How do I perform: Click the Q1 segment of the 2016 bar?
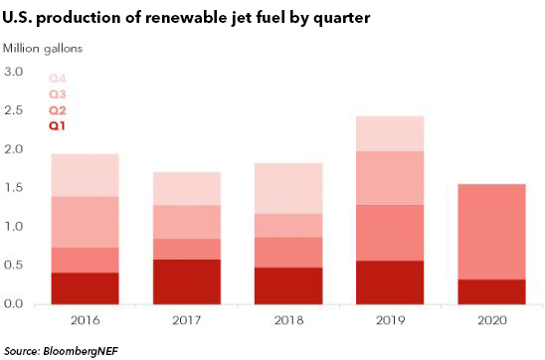86,288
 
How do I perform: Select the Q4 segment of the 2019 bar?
390,134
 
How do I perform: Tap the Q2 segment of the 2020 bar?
491,232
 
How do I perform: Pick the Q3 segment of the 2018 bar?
288,226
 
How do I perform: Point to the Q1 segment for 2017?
187,281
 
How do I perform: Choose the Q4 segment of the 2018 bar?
288,188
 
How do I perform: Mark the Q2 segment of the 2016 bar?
86,261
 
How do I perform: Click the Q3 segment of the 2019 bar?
390,178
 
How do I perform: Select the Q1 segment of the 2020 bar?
491,292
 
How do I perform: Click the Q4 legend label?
57,79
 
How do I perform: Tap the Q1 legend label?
57,125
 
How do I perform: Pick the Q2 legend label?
57,110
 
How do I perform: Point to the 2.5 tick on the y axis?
14,110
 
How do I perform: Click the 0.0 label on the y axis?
14,303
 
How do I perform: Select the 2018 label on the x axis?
288,320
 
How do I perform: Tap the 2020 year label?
492,320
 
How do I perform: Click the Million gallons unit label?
43,49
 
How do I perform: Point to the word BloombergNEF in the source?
81,351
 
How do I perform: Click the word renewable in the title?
184,17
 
